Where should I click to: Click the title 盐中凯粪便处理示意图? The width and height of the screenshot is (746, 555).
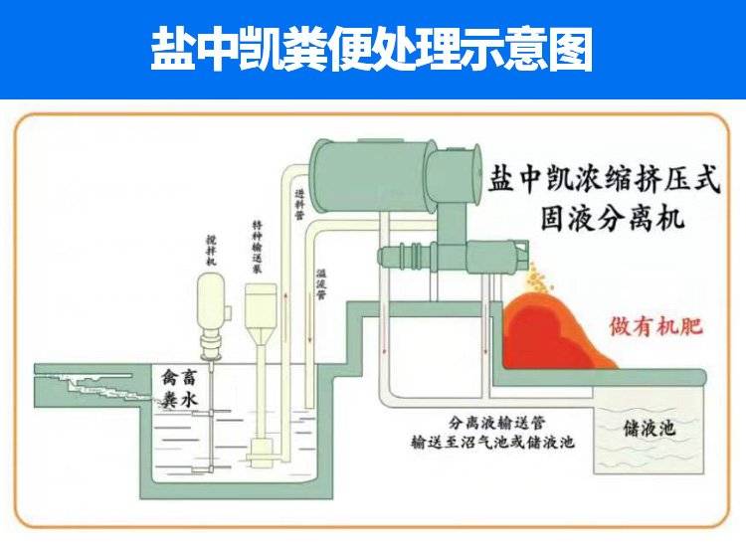click(x=372, y=50)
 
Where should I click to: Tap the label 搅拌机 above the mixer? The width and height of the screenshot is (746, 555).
click(x=211, y=250)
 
